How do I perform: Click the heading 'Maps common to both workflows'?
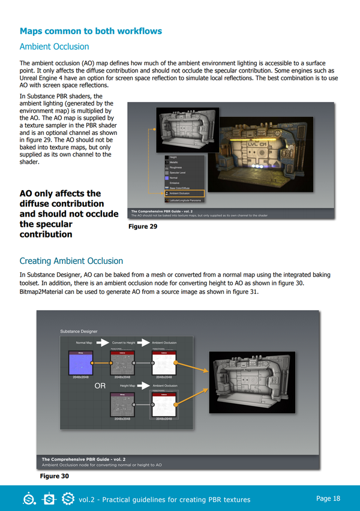[x=91, y=31]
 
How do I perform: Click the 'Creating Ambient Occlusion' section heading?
[x=71, y=261]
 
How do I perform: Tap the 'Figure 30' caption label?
[x=55, y=476]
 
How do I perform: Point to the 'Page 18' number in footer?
[x=328, y=498]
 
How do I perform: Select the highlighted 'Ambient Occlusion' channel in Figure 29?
[x=184, y=194]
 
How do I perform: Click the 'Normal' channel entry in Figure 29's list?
[x=173, y=178]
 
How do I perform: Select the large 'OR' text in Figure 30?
[x=101, y=386]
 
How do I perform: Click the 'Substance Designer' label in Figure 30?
[x=78, y=331]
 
